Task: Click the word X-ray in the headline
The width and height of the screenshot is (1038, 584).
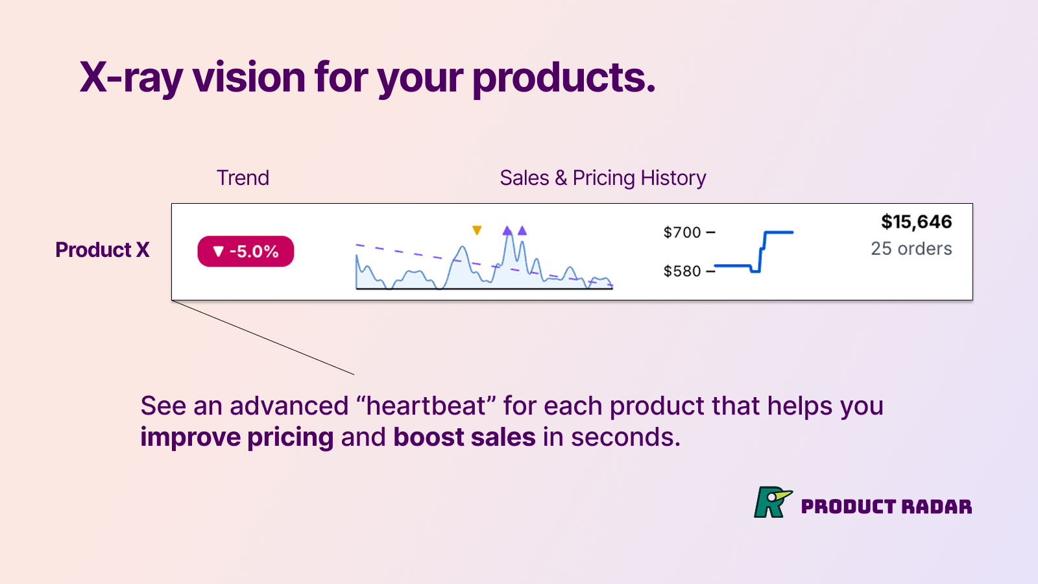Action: pos(131,78)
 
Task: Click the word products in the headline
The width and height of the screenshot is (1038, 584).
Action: pos(564,78)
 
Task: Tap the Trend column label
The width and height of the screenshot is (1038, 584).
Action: pos(243,178)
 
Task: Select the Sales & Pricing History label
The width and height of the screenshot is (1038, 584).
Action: pos(603,178)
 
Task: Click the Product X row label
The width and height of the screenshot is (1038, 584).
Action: pos(103,250)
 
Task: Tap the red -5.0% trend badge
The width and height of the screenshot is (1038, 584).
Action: pos(246,251)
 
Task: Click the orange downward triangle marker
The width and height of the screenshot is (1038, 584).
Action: pos(477,230)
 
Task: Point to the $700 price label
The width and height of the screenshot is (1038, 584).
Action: pos(682,232)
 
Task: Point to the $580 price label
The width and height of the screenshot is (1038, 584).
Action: pos(682,271)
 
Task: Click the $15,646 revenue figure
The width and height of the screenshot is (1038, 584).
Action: pos(917,222)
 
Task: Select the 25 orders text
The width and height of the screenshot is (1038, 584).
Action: pos(911,249)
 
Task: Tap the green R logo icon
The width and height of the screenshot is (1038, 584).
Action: pos(773,502)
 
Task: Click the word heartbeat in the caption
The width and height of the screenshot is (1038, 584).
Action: pos(426,406)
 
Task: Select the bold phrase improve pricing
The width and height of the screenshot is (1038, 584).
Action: pos(237,438)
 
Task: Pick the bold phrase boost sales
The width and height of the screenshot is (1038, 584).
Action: pos(465,437)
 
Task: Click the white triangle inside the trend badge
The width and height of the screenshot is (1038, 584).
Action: pos(218,252)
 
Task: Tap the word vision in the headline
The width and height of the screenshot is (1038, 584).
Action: pos(249,78)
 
